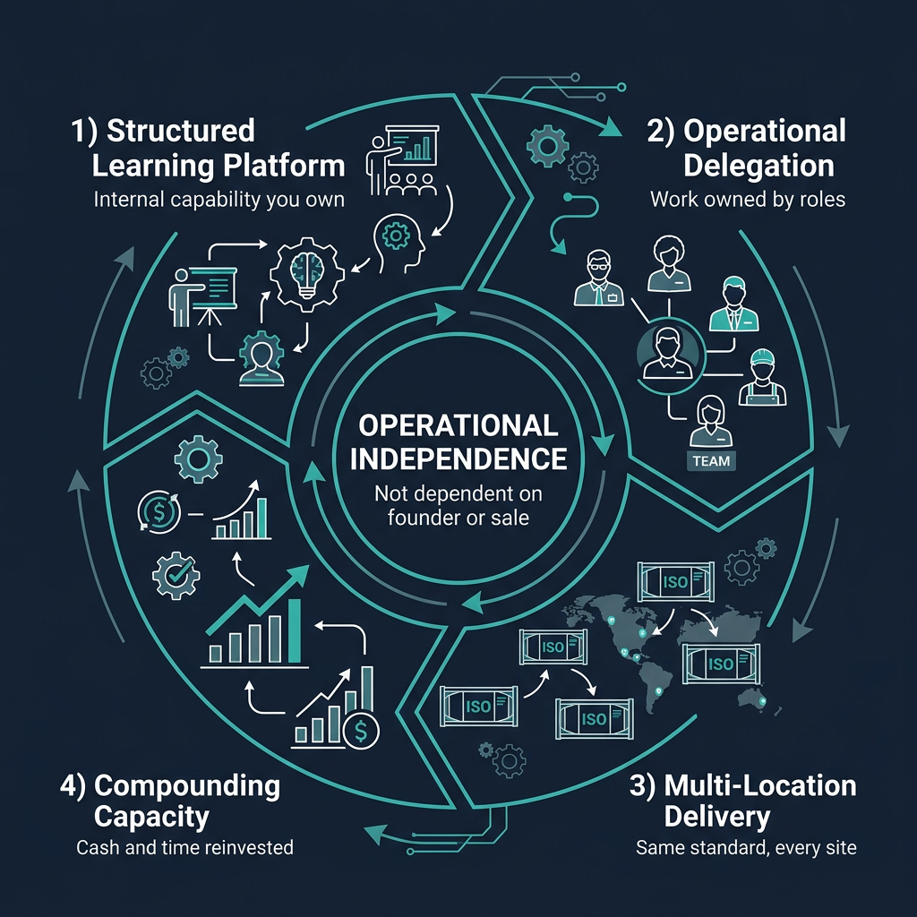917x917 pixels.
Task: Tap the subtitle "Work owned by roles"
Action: [x=748, y=199]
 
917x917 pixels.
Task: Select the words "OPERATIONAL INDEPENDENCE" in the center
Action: [x=458, y=441]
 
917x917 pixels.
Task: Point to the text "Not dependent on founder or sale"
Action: [x=458, y=505]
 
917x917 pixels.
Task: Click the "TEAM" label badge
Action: [x=711, y=461]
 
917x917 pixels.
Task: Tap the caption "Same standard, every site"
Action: [x=746, y=846]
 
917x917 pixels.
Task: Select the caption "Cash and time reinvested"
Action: [x=184, y=846]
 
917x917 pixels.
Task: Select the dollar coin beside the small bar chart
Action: [x=360, y=731]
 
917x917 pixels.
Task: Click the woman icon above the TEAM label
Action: [x=711, y=419]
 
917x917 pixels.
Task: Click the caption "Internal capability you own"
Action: [x=219, y=199]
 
